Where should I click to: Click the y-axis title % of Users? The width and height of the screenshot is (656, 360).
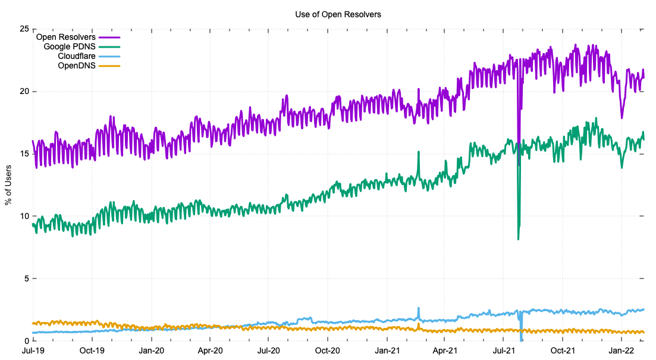coord(8,185)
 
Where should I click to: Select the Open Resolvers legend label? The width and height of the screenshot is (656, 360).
coord(66,37)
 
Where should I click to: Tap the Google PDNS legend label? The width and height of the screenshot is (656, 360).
coord(70,46)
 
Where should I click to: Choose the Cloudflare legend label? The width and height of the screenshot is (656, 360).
coord(77,56)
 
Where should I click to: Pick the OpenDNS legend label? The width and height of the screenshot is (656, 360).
coord(77,65)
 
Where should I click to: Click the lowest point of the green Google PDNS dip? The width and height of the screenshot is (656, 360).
coord(518,239)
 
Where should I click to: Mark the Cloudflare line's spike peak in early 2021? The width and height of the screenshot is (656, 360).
coord(419,308)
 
